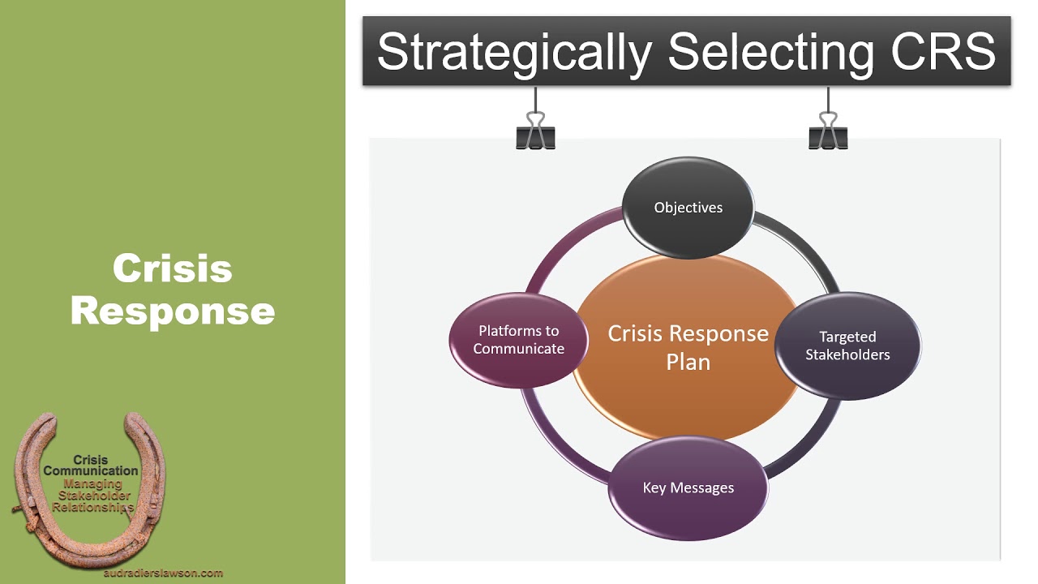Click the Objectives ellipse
point(688,208)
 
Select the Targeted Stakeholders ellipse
point(847,346)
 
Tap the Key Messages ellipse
point(688,487)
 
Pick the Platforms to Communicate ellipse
point(519,340)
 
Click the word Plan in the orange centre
point(688,362)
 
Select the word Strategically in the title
point(514,52)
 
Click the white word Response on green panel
point(173,311)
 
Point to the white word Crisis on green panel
point(173,268)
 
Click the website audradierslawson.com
point(164,573)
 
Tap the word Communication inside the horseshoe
point(91,470)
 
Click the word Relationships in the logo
point(92,507)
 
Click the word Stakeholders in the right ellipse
point(847,354)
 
